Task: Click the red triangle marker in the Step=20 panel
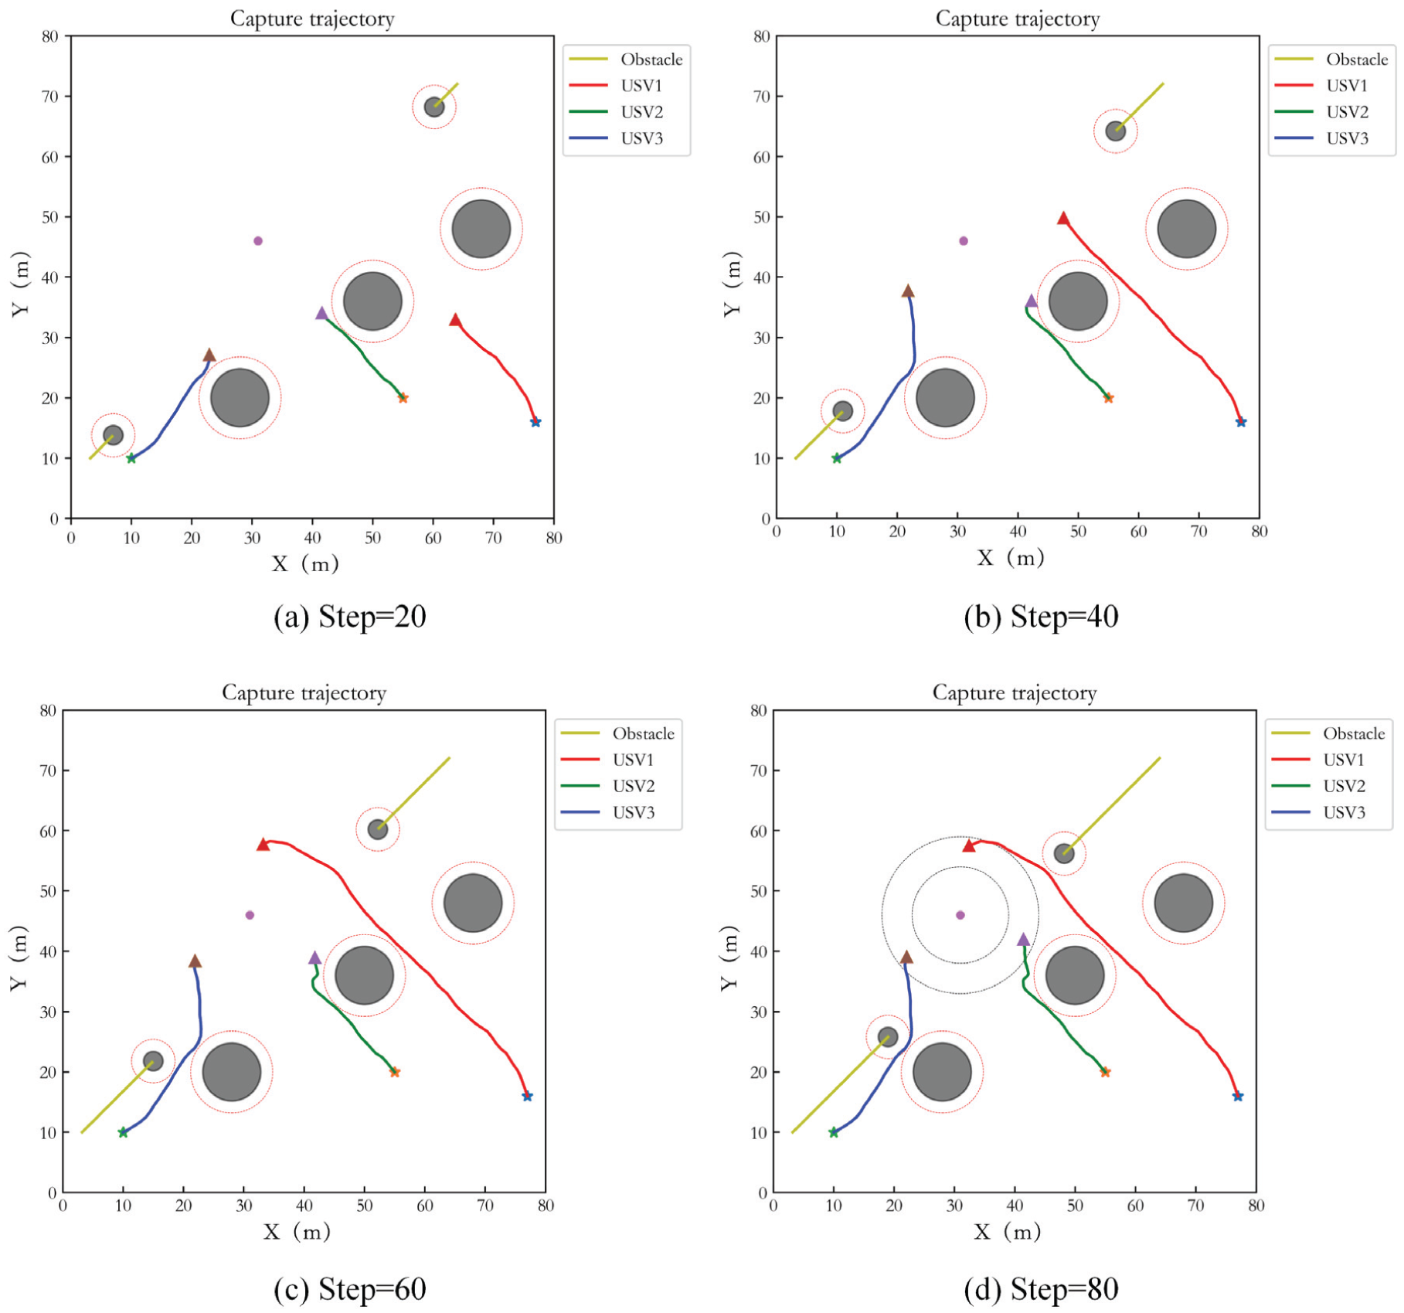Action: pyautogui.click(x=455, y=320)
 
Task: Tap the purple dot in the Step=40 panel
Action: pyautogui.click(x=963, y=241)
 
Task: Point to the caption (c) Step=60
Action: pyautogui.click(x=349, y=1289)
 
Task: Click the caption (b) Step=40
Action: pyautogui.click(x=1041, y=616)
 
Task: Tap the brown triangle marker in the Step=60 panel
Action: pyautogui.click(x=195, y=961)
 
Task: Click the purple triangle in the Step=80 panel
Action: pyautogui.click(x=1023, y=940)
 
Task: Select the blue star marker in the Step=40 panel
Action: pyautogui.click(x=1241, y=422)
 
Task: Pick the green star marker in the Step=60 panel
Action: pyautogui.click(x=123, y=1132)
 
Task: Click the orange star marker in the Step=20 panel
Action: pyautogui.click(x=403, y=398)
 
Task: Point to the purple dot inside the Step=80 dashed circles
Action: pyautogui.click(x=960, y=915)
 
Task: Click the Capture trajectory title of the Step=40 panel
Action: pyautogui.click(x=1018, y=19)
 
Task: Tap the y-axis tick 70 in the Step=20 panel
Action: pyautogui.click(x=50, y=97)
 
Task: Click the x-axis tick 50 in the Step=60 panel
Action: pyautogui.click(x=364, y=1206)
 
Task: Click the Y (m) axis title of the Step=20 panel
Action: pyautogui.click(x=21, y=284)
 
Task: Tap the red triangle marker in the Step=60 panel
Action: pyautogui.click(x=263, y=845)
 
